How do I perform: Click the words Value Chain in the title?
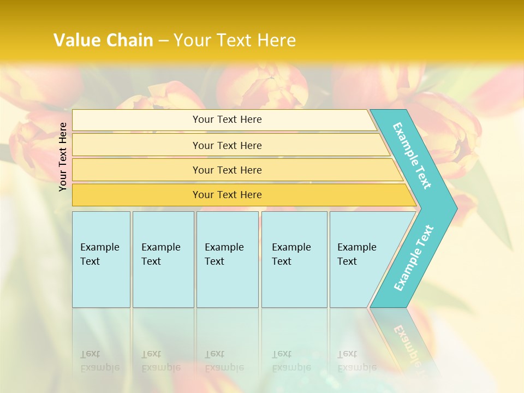coord(103,40)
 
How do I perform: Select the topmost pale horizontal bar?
coord(136,120)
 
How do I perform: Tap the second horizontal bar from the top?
coord(136,145)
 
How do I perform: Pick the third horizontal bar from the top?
coord(136,170)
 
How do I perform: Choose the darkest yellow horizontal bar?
coord(136,195)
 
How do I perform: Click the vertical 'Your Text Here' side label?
coord(63,157)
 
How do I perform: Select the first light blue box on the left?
coord(101,259)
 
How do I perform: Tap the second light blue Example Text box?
coord(163,259)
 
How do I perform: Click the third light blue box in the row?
coord(227,259)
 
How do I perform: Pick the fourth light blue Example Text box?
coord(294,259)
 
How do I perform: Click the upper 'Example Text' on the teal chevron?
coord(412,156)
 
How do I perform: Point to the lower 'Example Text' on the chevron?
coord(414,258)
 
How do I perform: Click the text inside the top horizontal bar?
coord(227,120)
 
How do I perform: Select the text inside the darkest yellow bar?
coord(227,195)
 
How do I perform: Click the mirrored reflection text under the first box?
coord(99,361)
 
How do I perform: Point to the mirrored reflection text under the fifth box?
coord(356,361)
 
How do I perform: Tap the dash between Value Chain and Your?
coord(163,41)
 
